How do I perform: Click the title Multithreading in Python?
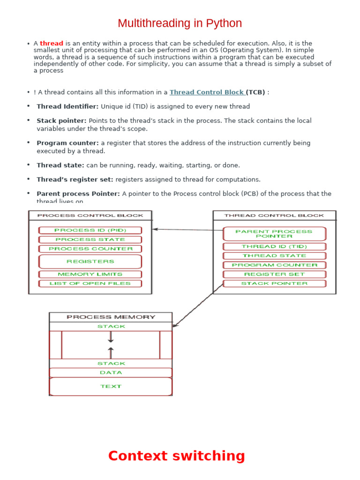click(x=180, y=23)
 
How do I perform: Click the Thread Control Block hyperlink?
click(x=207, y=92)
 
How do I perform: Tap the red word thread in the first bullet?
click(x=52, y=43)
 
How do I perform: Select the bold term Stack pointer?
click(x=61, y=120)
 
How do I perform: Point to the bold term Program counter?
click(x=67, y=143)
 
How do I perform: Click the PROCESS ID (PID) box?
click(x=90, y=230)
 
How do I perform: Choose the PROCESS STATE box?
click(x=90, y=240)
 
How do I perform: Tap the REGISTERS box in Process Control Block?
click(x=90, y=262)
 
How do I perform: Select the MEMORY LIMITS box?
click(x=90, y=274)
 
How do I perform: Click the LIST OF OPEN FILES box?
click(x=90, y=284)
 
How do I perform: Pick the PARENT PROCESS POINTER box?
click(x=274, y=234)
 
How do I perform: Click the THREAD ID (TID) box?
click(x=274, y=247)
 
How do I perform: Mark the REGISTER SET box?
click(x=274, y=274)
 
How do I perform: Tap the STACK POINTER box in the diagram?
click(x=274, y=284)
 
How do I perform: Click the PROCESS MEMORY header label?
click(x=111, y=317)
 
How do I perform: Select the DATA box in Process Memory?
click(x=111, y=373)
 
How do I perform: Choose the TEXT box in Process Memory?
click(x=111, y=387)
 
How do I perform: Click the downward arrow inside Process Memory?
click(x=111, y=337)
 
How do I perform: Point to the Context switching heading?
click(x=176, y=456)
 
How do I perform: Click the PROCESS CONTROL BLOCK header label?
click(x=90, y=216)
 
